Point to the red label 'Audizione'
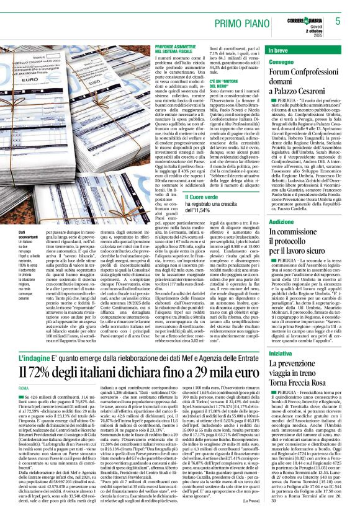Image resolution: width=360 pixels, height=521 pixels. (x=281, y=221)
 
